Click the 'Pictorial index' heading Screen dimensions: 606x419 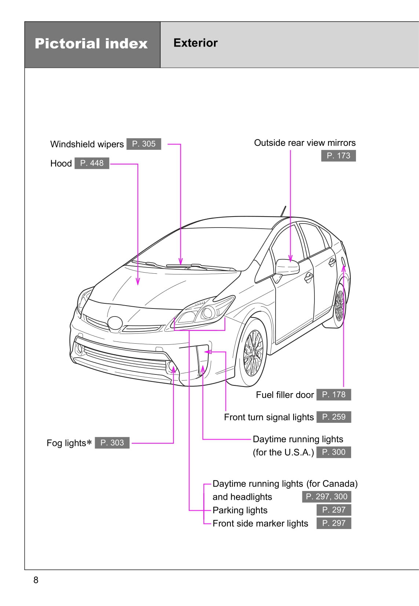coord(91,44)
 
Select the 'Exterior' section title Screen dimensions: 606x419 coord(195,43)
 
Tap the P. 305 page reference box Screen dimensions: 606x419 coord(144,144)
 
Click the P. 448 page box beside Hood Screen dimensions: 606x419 coord(92,163)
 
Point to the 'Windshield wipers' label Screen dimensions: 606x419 coord(87,144)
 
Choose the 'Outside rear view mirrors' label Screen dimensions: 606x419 coord(305,143)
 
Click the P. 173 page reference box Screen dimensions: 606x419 coord(338,156)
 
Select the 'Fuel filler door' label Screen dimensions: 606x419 coord(285,395)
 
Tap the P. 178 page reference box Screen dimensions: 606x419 coord(334,395)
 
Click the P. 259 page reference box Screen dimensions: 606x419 coord(334,417)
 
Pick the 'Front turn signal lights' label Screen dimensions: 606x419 coord(269,417)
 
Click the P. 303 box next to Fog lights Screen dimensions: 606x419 coord(112,443)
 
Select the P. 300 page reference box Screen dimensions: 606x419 coord(334,452)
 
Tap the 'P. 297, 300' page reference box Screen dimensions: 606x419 coord(327,496)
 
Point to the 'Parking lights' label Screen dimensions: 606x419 coord(240,510)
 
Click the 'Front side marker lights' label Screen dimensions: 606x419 coord(260,523)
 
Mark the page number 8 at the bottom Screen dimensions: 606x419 coord(36,580)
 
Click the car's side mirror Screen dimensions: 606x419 coord(287,267)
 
